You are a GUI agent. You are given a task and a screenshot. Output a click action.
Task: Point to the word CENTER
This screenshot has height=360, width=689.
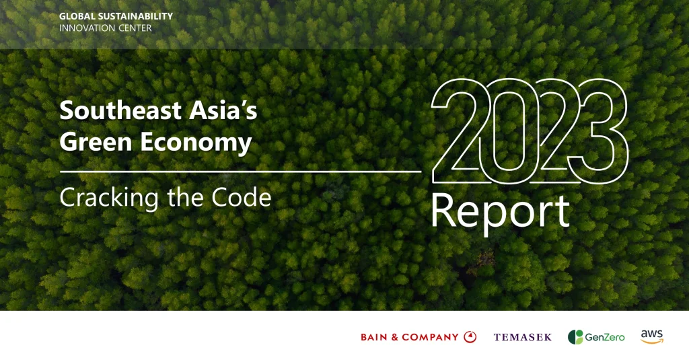(x=133, y=28)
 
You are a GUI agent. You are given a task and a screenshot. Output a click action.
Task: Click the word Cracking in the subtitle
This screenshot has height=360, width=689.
(x=102, y=197)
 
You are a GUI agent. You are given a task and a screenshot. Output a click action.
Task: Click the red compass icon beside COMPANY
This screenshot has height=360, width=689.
(x=470, y=337)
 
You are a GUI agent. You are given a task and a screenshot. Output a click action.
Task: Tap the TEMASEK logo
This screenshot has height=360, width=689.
(x=522, y=337)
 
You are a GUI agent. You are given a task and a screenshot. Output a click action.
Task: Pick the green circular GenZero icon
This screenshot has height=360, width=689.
(x=575, y=337)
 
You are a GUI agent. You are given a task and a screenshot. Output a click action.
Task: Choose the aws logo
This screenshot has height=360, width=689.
(x=652, y=336)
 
